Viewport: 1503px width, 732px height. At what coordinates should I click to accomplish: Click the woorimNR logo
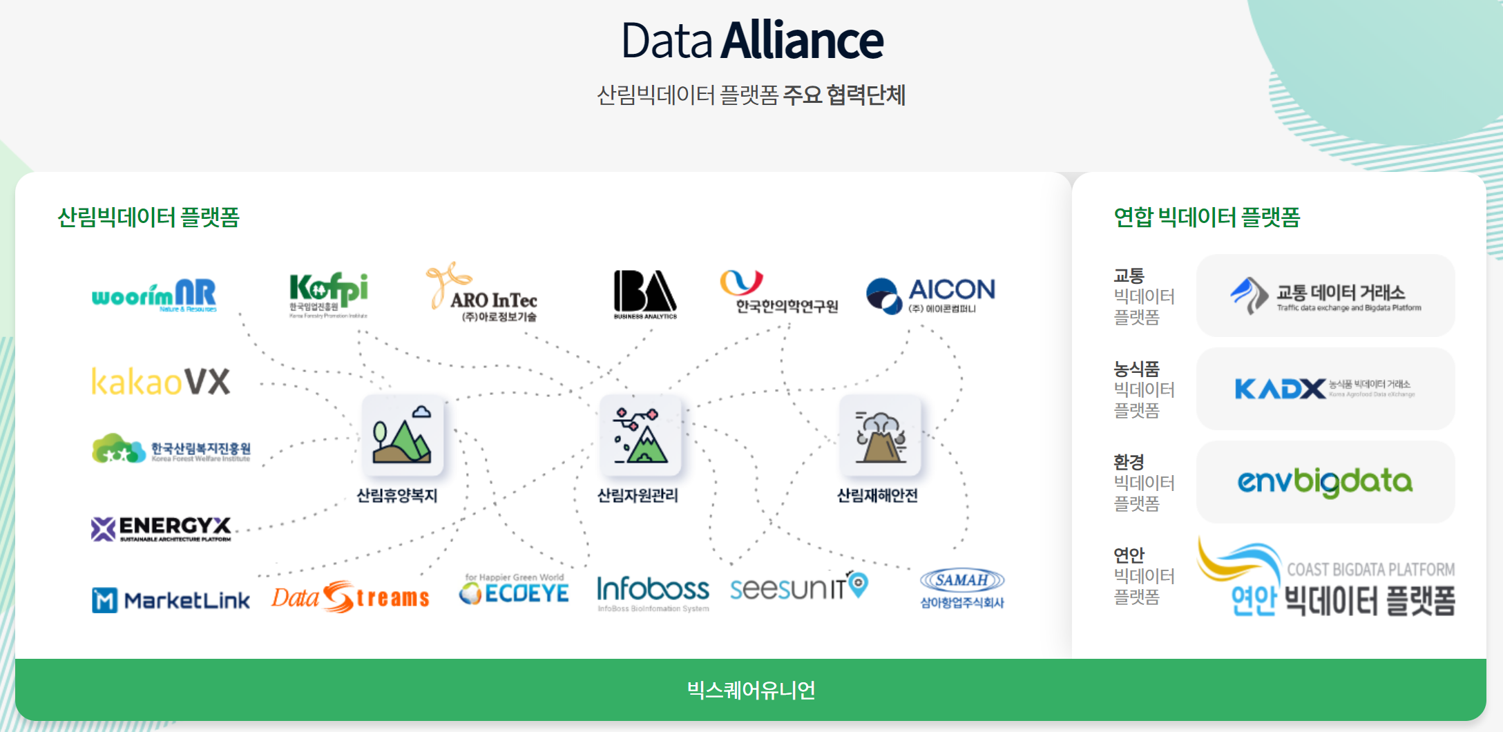[154, 296]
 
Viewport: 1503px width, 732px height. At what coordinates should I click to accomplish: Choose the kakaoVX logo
[161, 381]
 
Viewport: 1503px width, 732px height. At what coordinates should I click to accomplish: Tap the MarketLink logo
[171, 600]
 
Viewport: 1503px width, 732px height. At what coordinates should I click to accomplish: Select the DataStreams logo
[350, 597]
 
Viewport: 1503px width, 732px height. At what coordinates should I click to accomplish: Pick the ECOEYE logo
[515, 590]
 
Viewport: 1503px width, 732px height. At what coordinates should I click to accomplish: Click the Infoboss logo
[653, 592]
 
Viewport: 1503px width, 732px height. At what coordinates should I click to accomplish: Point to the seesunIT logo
[798, 587]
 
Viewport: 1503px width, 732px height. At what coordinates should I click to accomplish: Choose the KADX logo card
[1325, 389]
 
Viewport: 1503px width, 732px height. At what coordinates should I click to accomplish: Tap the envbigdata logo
[1325, 482]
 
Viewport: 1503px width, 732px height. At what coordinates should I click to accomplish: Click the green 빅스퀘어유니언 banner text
[751, 690]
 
